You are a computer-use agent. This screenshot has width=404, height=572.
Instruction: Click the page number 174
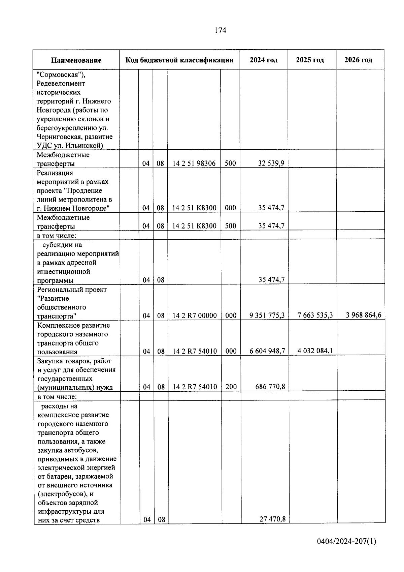(220, 30)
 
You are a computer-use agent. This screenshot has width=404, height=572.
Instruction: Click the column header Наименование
(76, 60)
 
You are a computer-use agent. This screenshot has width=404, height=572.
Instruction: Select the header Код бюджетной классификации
(179, 60)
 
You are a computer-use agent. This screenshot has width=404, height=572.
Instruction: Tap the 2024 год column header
(264, 60)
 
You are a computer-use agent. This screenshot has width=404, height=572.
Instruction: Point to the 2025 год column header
(310, 60)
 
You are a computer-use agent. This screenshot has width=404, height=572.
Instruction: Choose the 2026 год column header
(358, 60)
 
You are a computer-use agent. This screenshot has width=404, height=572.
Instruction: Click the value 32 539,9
(271, 163)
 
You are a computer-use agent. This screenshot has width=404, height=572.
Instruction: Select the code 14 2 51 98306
(194, 163)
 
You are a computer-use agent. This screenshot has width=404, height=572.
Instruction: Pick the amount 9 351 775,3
(267, 315)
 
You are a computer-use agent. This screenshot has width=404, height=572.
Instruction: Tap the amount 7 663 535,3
(315, 315)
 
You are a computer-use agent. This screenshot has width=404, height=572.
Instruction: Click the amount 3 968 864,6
(364, 315)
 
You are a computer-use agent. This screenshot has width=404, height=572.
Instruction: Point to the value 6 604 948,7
(267, 351)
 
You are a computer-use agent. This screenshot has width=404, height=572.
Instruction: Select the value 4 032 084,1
(315, 351)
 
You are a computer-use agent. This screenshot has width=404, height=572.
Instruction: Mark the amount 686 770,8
(270, 387)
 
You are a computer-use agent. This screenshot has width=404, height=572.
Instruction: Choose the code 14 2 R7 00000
(195, 316)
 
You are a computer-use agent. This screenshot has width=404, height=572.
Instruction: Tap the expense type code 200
(231, 387)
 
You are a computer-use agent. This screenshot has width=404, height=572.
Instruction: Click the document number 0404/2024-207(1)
(346, 542)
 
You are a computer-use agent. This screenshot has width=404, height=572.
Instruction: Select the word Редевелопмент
(61, 84)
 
